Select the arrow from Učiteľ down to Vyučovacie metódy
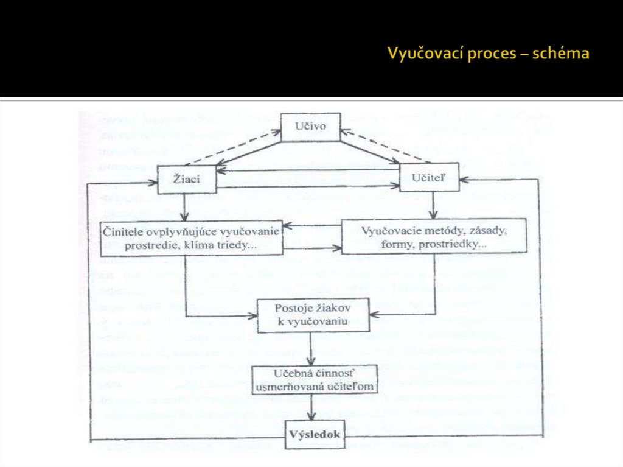pyautogui.click(x=432, y=208)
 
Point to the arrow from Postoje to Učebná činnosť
pyautogui.click(x=311, y=349)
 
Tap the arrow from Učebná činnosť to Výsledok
pyautogui.click(x=311, y=408)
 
